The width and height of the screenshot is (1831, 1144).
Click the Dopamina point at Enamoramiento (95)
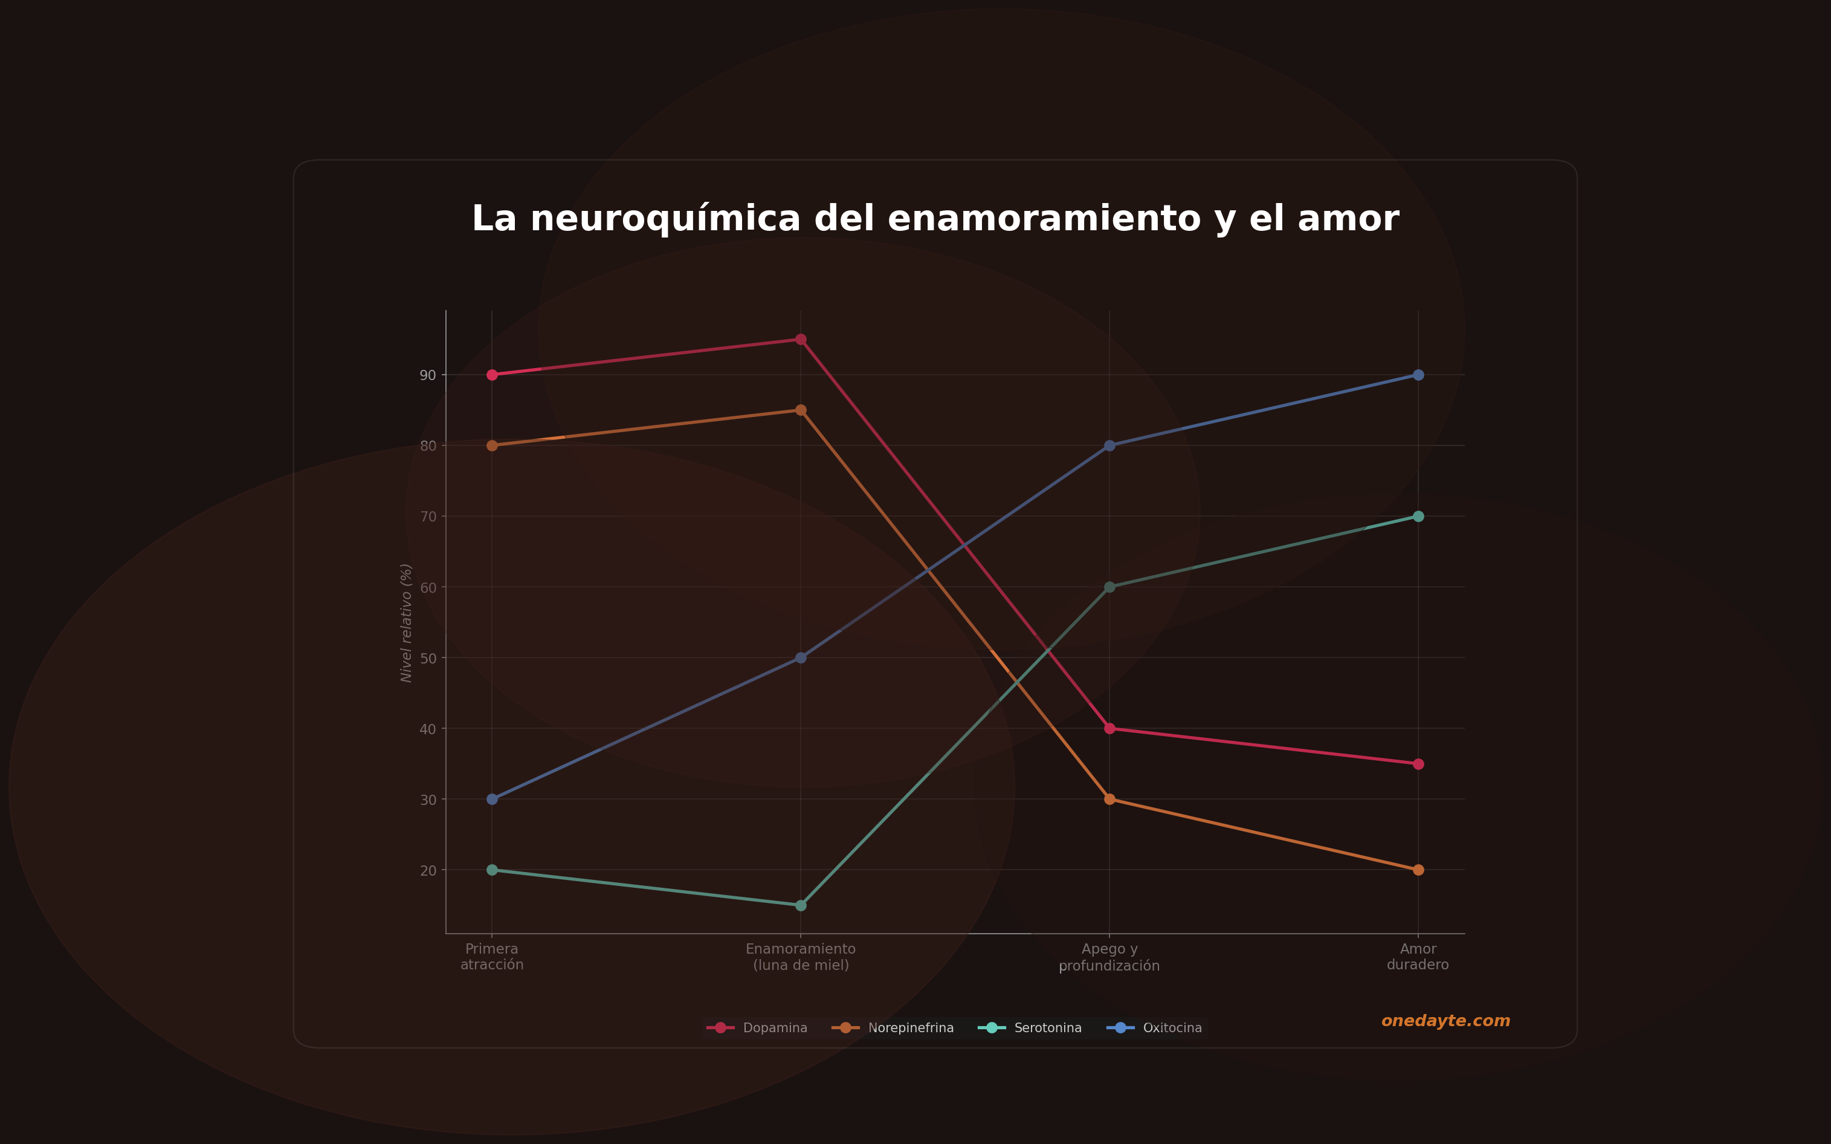801,339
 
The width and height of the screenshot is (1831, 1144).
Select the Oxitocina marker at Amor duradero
1418,375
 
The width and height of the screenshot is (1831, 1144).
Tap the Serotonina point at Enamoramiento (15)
801,905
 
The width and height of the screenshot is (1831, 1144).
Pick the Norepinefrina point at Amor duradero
1418,870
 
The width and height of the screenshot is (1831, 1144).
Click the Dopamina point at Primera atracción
492,375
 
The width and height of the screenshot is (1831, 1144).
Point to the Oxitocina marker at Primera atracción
492,799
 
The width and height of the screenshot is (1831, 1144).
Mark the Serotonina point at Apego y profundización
1109,587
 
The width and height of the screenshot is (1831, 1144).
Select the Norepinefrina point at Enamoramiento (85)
801,410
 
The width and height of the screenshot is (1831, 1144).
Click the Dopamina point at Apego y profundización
1109,728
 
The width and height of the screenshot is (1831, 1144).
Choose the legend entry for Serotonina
1047,1027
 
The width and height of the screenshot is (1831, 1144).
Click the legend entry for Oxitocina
1171,1027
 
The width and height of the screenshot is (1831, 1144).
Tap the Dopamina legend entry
774,1027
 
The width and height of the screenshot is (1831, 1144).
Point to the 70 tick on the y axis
428,517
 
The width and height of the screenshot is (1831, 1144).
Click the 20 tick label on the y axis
428,870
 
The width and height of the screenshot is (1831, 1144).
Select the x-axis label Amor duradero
1418,957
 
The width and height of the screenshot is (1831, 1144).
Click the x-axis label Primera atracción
492,957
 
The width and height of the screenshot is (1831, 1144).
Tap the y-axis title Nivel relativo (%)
406,622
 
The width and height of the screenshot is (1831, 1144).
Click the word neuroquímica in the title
665,219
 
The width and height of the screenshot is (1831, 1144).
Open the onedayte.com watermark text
1445,1021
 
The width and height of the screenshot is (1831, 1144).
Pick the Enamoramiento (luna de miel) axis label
801,957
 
